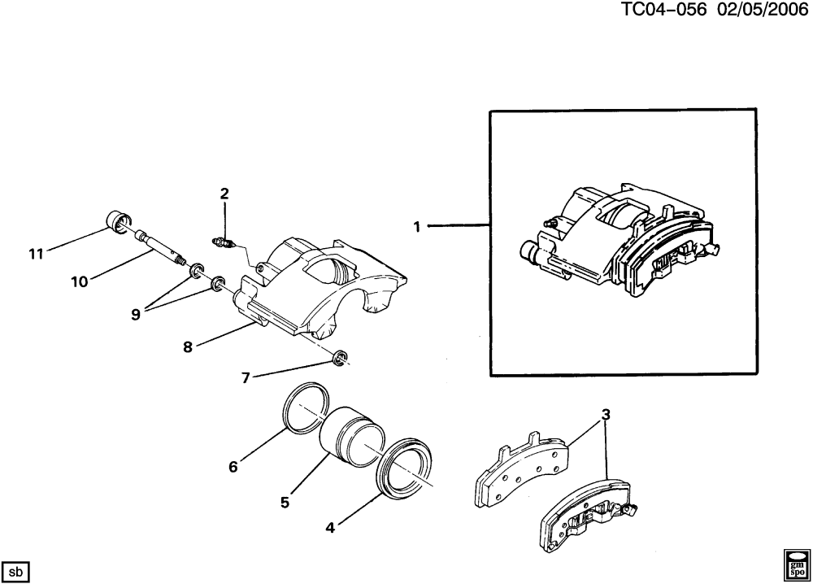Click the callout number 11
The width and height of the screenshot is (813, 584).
[36, 254]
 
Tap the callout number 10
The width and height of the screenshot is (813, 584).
[80, 281]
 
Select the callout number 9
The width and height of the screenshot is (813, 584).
[136, 314]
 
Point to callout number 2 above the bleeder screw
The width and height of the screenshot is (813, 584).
[224, 194]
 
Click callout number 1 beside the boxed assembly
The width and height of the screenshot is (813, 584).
[417, 227]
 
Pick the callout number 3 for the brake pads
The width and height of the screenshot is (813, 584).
[606, 415]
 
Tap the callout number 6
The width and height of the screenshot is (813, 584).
[233, 467]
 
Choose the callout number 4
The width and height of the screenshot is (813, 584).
[330, 528]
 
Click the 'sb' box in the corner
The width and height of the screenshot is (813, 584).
[16, 572]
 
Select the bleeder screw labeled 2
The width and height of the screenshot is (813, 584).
[224, 242]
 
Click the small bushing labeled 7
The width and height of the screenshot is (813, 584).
[340, 358]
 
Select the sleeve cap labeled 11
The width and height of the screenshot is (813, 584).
[116, 221]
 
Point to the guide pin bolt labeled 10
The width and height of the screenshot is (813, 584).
[160, 248]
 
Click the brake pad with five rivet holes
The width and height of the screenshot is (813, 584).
[522, 468]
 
